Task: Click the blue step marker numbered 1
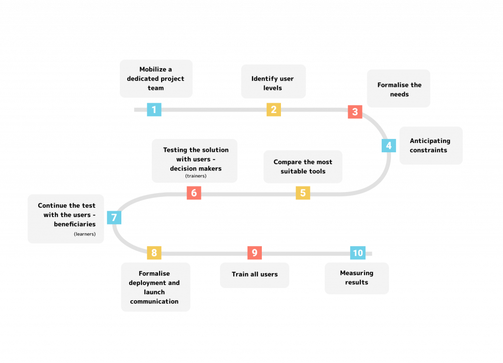pyautogui.click(x=154, y=110)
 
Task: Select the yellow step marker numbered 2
pyautogui.click(x=274, y=110)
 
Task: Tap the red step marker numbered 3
pyautogui.click(x=355, y=112)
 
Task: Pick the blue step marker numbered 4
pyautogui.click(x=389, y=145)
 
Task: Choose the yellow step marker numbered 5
pyautogui.click(x=303, y=193)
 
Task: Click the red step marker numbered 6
pyautogui.click(x=194, y=193)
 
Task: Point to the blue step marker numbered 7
pyautogui.click(x=114, y=217)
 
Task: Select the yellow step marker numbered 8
pyautogui.click(x=154, y=253)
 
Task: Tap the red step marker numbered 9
pyautogui.click(x=254, y=253)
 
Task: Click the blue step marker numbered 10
pyautogui.click(x=358, y=253)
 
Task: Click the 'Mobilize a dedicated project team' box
pyautogui.click(x=156, y=79)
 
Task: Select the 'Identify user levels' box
pyautogui.click(x=273, y=82)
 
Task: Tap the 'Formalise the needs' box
pyautogui.click(x=398, y=89)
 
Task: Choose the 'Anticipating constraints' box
pyautogui.click(x=430, y=145)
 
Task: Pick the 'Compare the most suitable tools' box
pyautogui.click(x=303, y=167)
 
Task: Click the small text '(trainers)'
pyautogui.click(x=196, y=176)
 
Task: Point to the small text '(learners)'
pyautogui.click(x=84, y=234)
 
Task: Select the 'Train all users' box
pyautogui.click(x=254, y=274)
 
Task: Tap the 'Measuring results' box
pyautogui.click(x=357, y=278)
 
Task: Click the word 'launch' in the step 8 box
pyautogui.click(x=154, y=292)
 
